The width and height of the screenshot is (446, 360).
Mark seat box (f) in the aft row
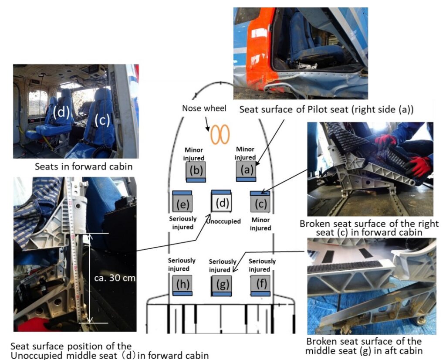pyautogui.click(x=260, y=285)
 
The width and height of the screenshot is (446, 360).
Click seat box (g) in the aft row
pyautogui.click(x=221, y=285)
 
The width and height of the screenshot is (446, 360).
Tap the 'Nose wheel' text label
pyautogui.click(x=204, y=108)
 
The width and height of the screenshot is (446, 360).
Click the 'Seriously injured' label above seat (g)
pyautogui.click(x=223, y=265)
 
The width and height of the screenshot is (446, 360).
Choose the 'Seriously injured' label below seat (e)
pyautogui.click(x=182, y=223)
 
